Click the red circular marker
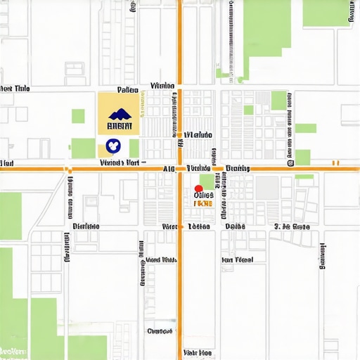(x=198, y=188)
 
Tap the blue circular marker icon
(x=112, y=146)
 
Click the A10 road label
(x=169, y=169)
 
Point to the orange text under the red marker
(x=202, y=203)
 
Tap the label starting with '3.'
(x=292, y=226)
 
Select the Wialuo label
(x=198, y=134)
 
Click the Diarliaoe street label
(x=86, y=226)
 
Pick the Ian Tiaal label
(x=238, y=259)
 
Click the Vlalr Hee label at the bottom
(x=197, y=352)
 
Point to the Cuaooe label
(x=160, y=330)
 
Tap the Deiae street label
(x=235, y=226)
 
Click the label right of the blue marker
(x=121, y=162)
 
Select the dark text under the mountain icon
(x=118, y=127)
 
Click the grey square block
(x=266, y=188)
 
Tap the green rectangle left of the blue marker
(x=83, y=148)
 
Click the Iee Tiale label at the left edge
(x=15, y=89)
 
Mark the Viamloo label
(x=162, y=86)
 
